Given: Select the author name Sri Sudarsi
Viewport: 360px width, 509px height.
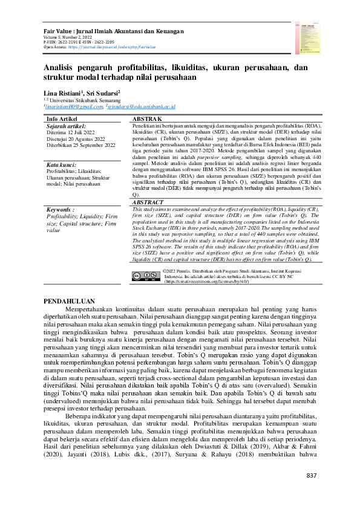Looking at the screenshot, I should [x=103, y=93].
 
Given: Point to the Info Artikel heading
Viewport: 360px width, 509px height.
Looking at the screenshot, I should [x=61, y=119].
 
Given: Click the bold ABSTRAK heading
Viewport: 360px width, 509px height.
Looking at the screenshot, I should [x=146, y=119].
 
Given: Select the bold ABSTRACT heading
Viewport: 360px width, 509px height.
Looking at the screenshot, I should [x=149, y=203].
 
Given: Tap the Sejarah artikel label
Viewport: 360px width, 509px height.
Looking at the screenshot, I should [x=65, y=126].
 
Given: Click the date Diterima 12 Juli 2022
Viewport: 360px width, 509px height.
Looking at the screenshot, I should [x=71, y=132].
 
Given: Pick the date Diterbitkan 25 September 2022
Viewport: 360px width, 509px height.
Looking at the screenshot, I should [x=80, y=146].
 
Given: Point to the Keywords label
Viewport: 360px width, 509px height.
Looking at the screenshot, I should [x=60, y=208].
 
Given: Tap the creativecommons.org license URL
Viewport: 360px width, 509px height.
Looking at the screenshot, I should [x=203, y=282].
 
